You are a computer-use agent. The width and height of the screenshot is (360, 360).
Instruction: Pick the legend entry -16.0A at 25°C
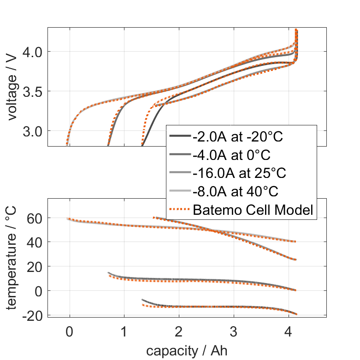point(240,173)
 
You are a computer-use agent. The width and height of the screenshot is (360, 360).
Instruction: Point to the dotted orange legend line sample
point(180,210)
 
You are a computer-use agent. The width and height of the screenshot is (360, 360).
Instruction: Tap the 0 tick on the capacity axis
point(69,331)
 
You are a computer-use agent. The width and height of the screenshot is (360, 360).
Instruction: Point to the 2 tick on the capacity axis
point(179,331)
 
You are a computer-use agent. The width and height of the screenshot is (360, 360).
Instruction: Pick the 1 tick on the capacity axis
point(124,331)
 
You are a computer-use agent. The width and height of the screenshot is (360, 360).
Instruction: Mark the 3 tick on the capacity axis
point(234,331)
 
